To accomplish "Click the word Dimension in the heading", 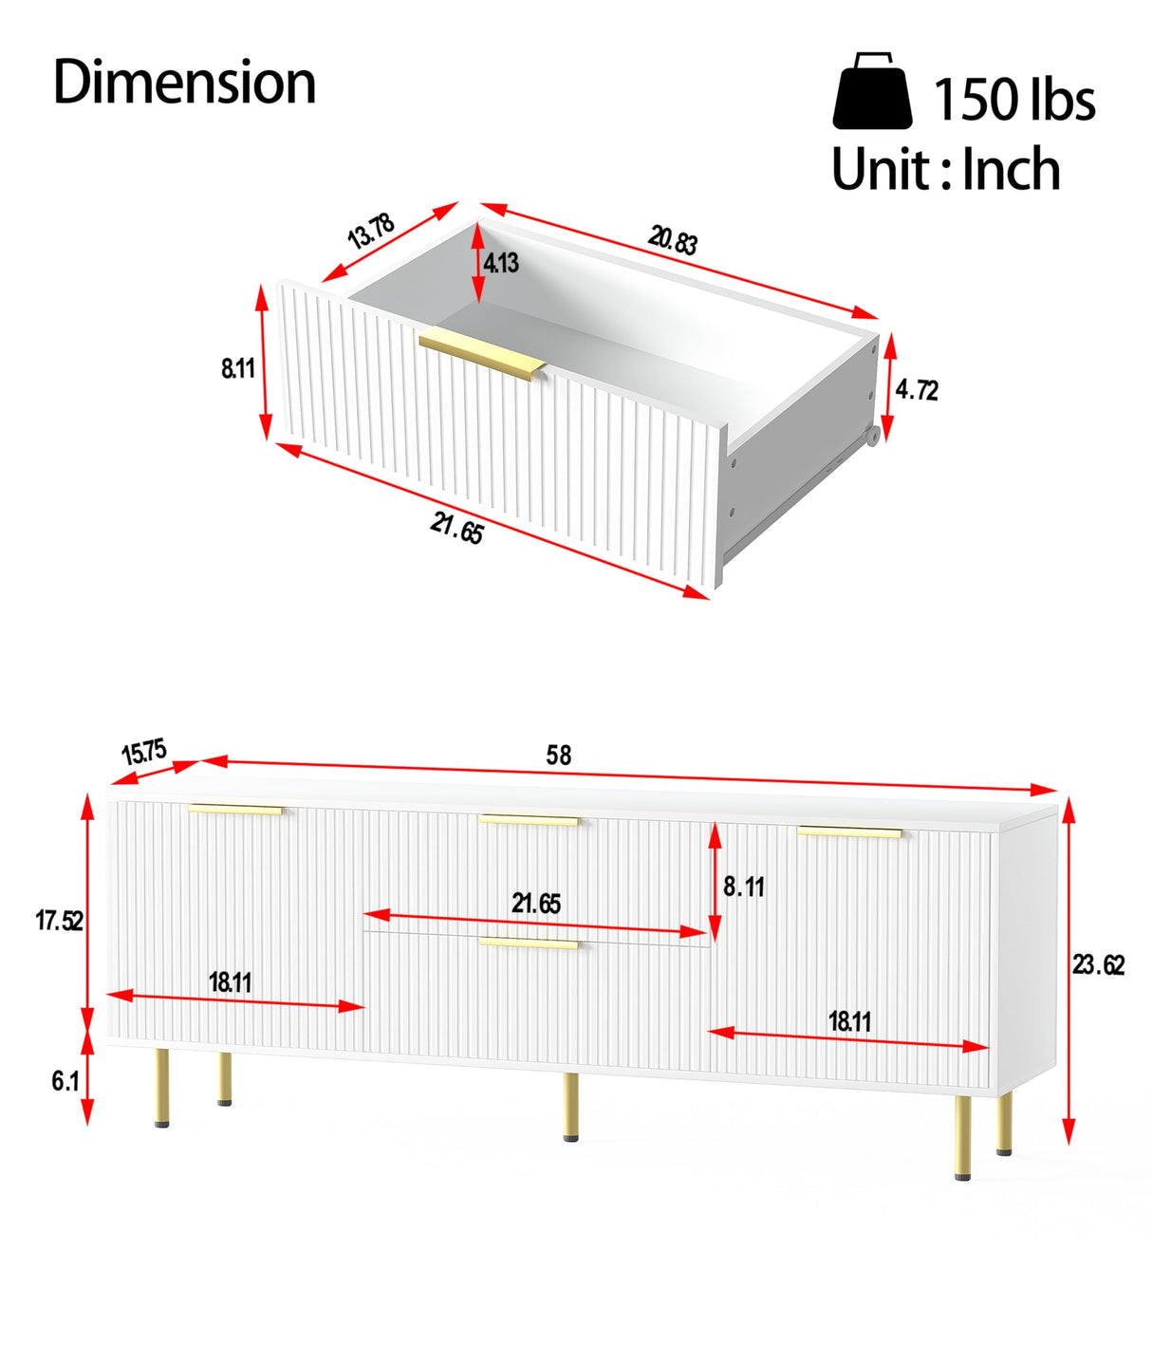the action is click(184, 82).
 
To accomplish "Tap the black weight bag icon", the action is click(872, 90).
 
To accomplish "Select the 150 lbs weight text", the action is click(1014, 99).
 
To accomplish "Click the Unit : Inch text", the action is click(946, 169).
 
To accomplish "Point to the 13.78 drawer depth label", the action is click(371, 231).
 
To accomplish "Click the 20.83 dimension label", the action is click(673, 241).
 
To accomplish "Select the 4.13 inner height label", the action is click(501, 263).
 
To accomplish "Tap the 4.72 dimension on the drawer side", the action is click(917, 390).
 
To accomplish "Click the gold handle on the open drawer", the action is click(482, 353).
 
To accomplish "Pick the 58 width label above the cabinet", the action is click(559, 755).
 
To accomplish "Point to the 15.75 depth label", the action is click(143, 753).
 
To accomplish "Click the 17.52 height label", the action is click(59, 921).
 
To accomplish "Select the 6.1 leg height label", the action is click(65, 1081).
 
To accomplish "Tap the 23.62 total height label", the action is click(1098, 965).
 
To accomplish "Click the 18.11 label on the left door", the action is click(231, 981).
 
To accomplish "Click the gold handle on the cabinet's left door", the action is click(236, 810).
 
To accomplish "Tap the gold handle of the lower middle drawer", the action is click(529, 943).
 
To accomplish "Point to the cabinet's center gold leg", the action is click(570, 1107).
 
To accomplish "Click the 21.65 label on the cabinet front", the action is click(536, 904).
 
